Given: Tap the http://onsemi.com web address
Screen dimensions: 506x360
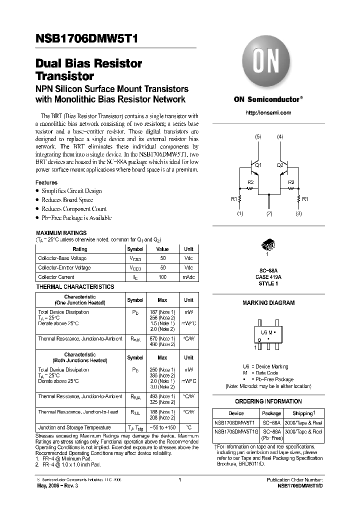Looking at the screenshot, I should point(268,112).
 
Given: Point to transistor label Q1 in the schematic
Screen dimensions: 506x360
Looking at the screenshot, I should point(258,164).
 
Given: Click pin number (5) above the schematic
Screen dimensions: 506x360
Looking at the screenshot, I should point(257,136).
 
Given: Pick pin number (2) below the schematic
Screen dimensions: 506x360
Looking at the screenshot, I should point(269,214).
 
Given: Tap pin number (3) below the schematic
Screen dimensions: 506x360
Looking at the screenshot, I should point(299,214).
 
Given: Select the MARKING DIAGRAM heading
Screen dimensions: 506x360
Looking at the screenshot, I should point(268,303).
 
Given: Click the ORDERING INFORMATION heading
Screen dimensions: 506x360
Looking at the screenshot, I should point(268,401).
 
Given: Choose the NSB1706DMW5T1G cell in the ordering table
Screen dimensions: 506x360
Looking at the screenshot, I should point(236,431).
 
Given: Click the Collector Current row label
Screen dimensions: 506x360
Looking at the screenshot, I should point(56,277).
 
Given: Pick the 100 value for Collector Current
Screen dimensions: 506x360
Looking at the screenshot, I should point(162,277).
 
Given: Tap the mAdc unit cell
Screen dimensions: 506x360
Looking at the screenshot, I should point(188,277).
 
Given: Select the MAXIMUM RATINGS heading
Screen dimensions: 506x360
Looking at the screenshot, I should point(61,233).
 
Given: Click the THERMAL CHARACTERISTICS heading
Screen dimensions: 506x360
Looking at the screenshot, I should point(75,287).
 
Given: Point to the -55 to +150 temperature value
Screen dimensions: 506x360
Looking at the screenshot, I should point(162,428).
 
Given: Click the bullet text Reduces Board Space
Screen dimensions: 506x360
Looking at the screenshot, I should point(67,200).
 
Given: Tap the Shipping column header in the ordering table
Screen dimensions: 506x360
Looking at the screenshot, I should point(304,413).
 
